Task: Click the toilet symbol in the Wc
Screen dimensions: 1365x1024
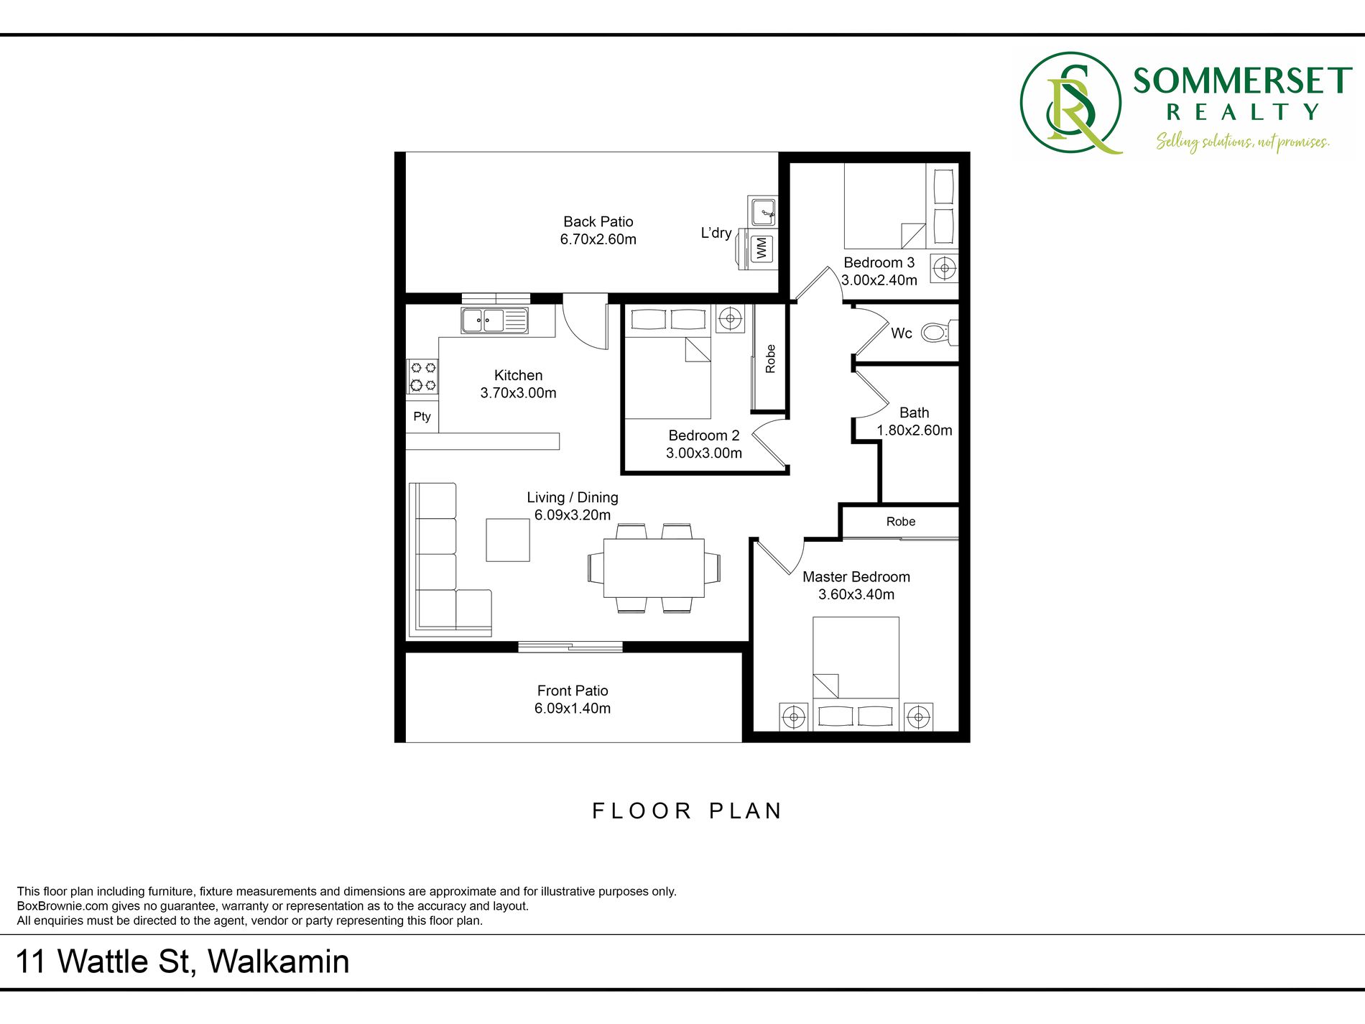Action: coord(939,333)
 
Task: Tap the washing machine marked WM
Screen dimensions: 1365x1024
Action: coord(761,249)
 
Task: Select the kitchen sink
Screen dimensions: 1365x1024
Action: coord(494,320)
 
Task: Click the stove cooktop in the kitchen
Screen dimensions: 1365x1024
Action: coord(422,377)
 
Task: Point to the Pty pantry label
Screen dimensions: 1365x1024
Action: coord(422,417)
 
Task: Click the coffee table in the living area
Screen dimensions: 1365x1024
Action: coord(508,540)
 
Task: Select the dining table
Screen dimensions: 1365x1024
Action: coord(654,568)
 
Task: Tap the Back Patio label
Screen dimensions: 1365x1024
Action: coord(598,222)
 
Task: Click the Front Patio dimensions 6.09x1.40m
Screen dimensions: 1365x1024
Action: coord(573,709)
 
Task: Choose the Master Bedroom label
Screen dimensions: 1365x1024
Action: coord(856,577)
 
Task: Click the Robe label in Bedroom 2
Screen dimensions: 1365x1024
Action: coord(770,359)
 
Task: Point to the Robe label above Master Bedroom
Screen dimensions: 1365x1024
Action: coord(901,522)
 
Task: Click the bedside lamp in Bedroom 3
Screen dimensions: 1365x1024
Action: coord(944,269)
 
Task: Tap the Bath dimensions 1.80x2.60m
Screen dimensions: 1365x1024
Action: coord(915,430)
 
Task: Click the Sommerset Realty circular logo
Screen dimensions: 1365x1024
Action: coord(1071,102)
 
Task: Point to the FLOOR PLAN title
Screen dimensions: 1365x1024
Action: coord(687,811)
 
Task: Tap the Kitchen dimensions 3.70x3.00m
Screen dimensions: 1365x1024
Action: coord(519,393)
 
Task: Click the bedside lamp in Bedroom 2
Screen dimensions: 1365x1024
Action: coord(731,318)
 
